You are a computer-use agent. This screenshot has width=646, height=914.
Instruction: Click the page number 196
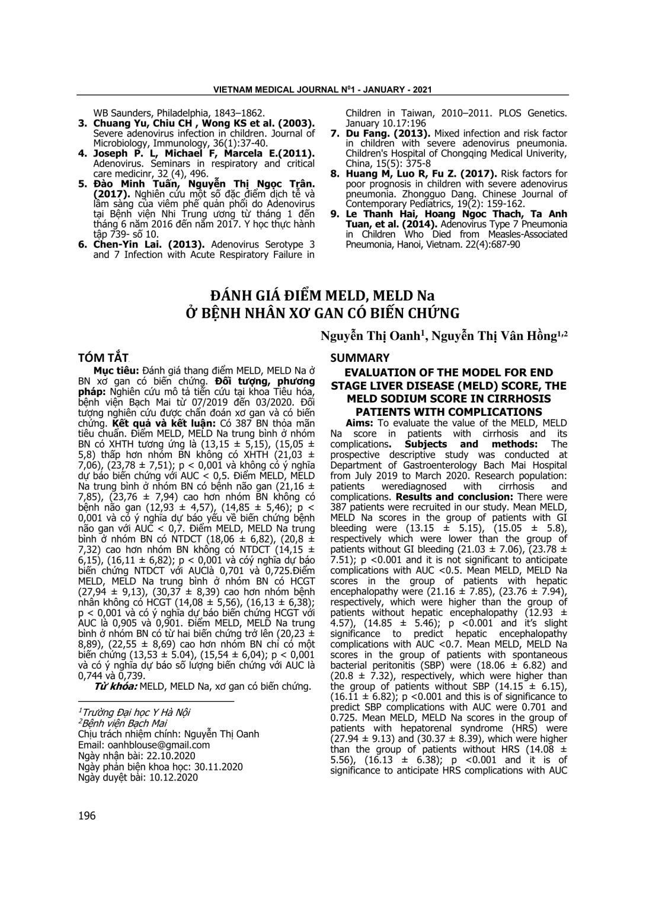(87, 815)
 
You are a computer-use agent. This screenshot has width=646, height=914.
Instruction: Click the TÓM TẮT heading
(103, 358)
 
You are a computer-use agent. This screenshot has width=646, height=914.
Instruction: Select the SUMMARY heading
(360, 358)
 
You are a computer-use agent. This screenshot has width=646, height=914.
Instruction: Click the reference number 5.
(82, 184)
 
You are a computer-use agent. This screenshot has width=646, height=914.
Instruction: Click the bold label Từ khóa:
(116, 687)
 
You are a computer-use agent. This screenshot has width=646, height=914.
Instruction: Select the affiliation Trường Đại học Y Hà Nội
(136, 712)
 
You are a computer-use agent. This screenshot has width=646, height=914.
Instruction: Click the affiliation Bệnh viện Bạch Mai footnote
(124, 723)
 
